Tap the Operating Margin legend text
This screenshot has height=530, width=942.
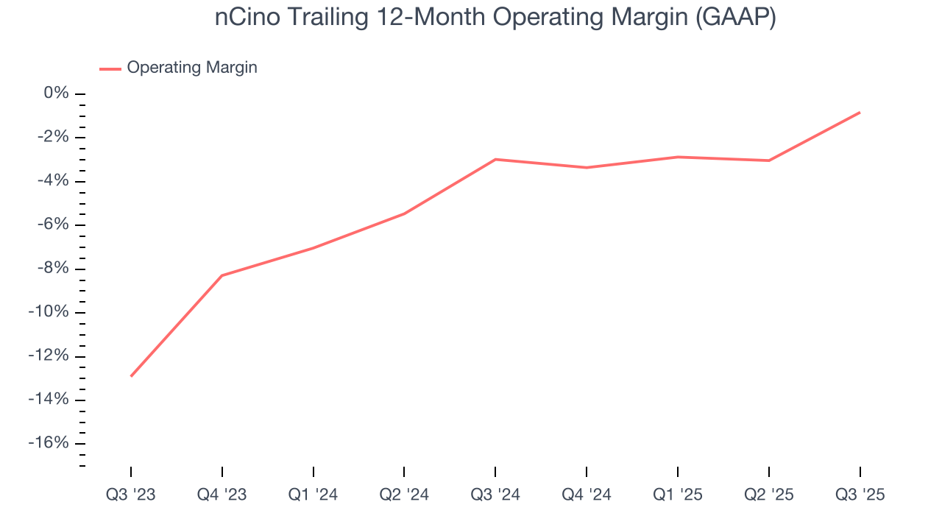[x=192, y=68]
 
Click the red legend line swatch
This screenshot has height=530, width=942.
[x=110, y=68]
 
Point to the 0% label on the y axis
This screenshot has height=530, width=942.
[x=57, y=93]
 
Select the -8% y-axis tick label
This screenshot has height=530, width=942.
[x=54, y=269]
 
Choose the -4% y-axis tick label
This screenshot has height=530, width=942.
[x=54, y=181]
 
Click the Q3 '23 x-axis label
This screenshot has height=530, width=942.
[x=131, y=495]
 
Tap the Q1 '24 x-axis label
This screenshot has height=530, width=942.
[x=314, y=495]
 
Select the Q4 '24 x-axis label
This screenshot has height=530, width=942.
[x=587, y=495]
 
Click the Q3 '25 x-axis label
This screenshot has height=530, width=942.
[x=860, y=495]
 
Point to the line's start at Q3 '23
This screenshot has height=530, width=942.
[x=131, y=376]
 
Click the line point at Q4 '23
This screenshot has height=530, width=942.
[x=222, y=275]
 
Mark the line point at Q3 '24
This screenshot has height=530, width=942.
[x=495, y=159]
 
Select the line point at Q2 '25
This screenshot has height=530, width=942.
[x=768, y=160]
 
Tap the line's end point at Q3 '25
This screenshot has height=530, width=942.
[x=860, y=113]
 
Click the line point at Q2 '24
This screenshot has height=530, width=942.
[x=404, y=213]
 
